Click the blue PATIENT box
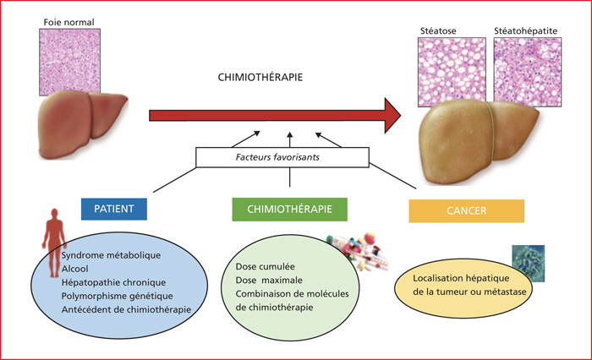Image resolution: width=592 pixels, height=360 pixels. click(x=114, y=209)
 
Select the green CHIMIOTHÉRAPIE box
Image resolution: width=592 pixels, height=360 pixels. click(x=289, y=210)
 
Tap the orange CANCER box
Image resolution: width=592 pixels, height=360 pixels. click(x=467, y=211)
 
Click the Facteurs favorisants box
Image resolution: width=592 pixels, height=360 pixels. click(x=282, y=157)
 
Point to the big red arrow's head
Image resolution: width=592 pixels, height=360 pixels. click(x=392, y=116)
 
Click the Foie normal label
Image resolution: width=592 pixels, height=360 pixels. click(x=69, y=22)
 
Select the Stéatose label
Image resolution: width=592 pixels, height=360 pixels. click(x=438, y=31)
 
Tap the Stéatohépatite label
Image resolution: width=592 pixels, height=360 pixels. click(x=525, y=31)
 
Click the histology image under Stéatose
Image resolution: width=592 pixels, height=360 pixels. click(x=452, y=72)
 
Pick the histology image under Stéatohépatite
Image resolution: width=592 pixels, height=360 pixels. click(x=528, y=72)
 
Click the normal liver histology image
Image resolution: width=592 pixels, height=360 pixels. click(x=70, y=63)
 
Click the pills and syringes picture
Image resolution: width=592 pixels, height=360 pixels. click(x=358, y=252)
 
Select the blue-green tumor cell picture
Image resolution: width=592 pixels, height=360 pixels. click(x=529, y=264)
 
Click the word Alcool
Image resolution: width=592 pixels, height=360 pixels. click(x=74, y=269)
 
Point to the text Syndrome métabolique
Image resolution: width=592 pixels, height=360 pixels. click(x=111, y=255)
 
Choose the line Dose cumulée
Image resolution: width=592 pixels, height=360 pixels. click(x=265, y=267)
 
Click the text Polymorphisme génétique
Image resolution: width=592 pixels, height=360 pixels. click(x=117, y=297)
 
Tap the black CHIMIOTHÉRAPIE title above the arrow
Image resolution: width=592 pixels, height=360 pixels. click(x=260, y=78)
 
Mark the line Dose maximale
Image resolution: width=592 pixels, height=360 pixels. click(x=269, y=281)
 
